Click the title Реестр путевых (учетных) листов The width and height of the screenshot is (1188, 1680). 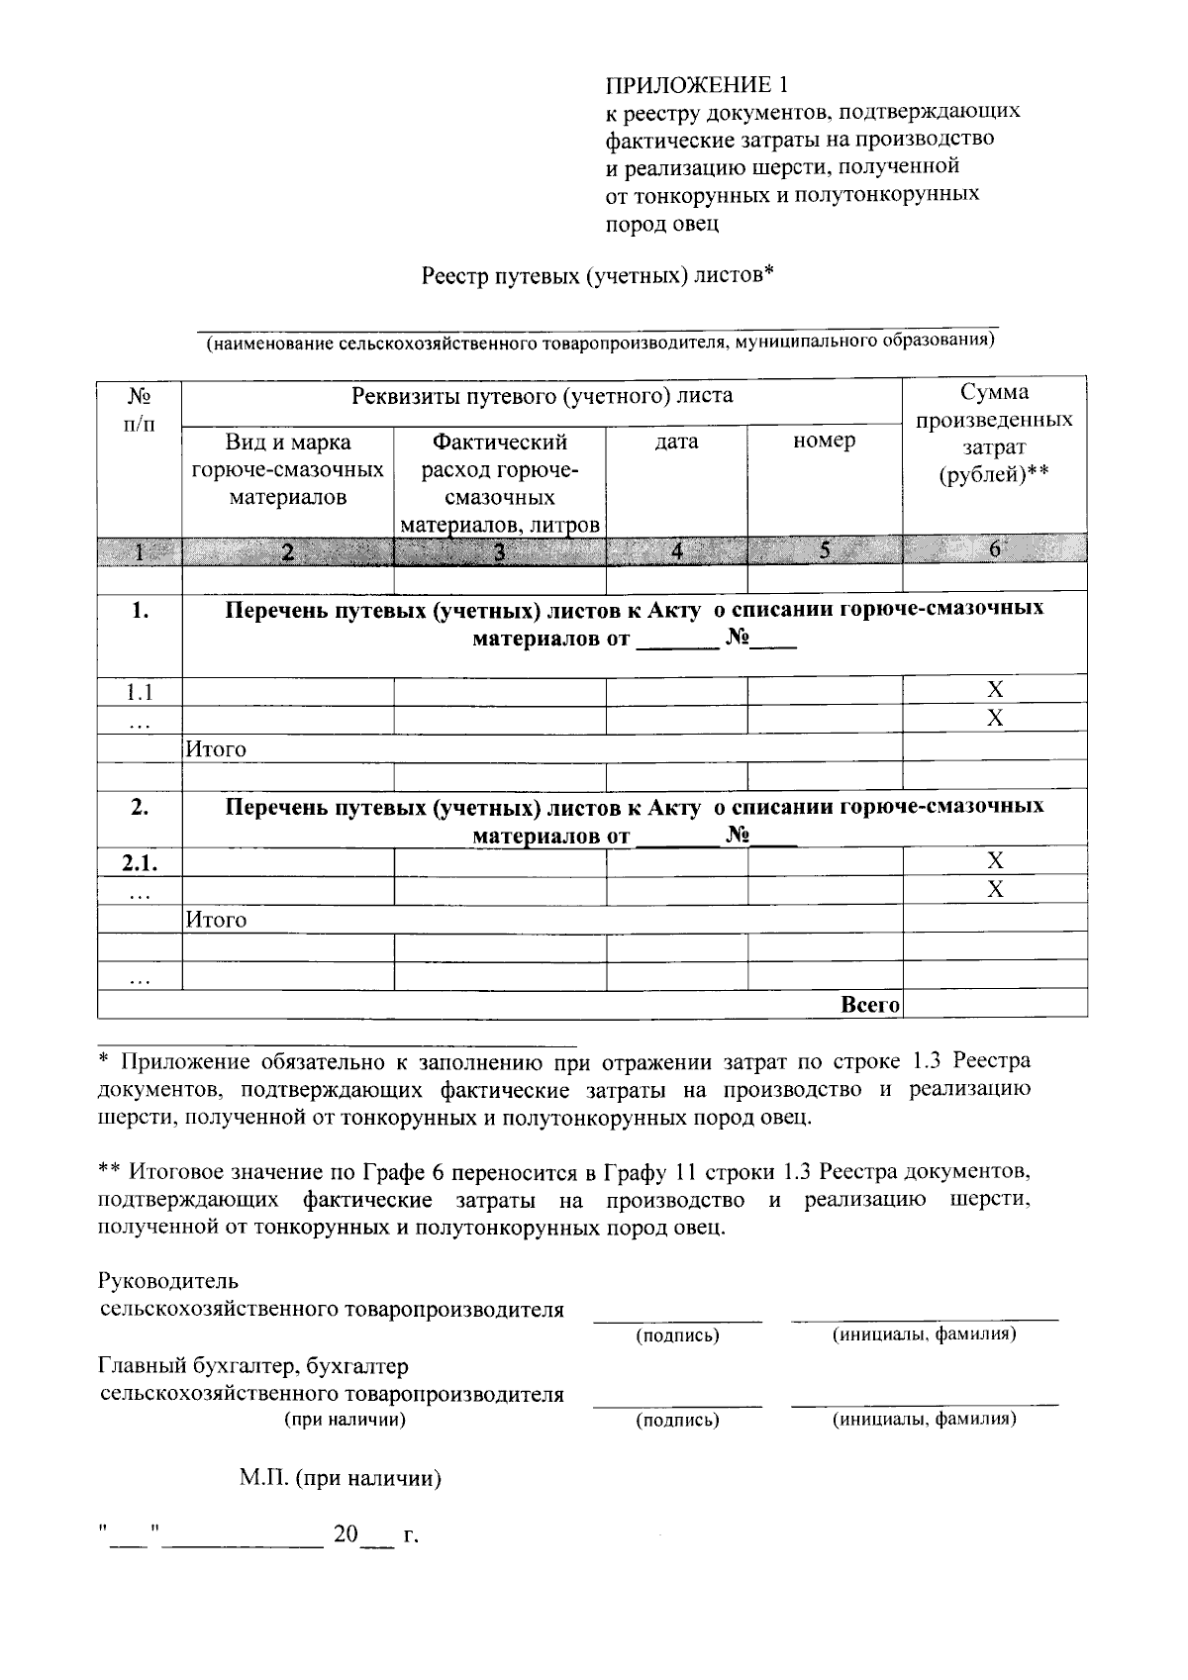pos(596,274)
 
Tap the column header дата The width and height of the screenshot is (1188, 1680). pos(676,442)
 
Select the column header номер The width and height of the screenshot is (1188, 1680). pos(824,442)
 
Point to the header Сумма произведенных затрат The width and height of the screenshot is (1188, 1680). pos(994,434)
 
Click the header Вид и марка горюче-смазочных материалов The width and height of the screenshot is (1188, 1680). pos(287,469)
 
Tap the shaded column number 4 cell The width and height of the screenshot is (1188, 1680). pos(676,551)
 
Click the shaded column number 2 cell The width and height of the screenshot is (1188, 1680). pos(287,552)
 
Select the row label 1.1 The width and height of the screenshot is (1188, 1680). pos(139,690)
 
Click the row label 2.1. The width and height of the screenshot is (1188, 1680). pos(140,862)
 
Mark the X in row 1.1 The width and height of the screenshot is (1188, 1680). pos(995,689)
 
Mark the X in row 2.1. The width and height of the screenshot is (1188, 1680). pos(995,860)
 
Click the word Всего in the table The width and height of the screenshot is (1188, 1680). pos(869,1005)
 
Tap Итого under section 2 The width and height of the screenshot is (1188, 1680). pos(217,920)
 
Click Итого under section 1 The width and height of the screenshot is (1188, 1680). pos(217,749)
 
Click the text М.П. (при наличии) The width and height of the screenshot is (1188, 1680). pos(340,1479)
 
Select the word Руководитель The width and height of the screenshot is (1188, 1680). pos(168,1282)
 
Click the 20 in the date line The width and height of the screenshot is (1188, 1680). pos(345,1535)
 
